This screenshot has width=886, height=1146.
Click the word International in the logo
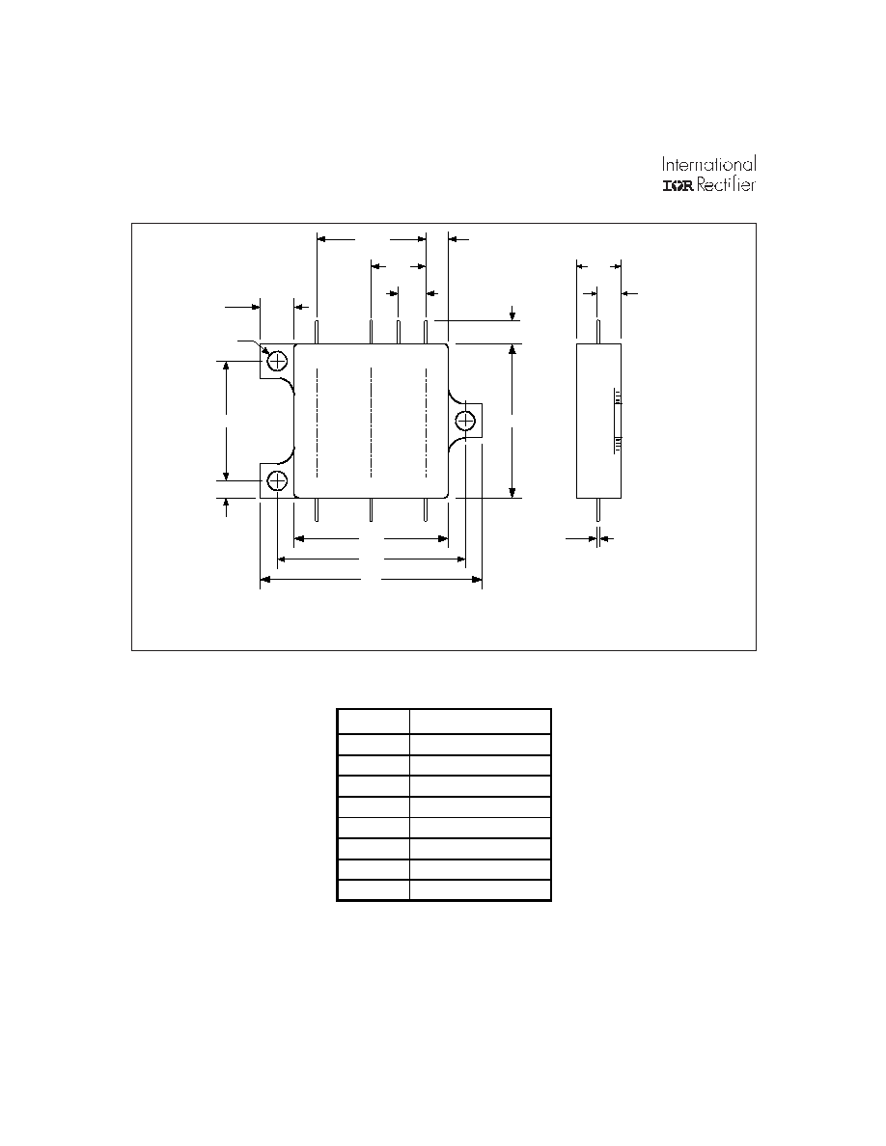(x=708, y=164)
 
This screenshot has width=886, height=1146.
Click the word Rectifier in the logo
(x=726, y=184)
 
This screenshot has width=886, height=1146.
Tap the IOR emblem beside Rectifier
(x=678, y=185)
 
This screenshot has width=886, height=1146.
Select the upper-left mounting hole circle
(x=278, y=361)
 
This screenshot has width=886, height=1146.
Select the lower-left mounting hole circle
(x=278, y=480)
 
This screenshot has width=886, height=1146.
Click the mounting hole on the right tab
(x=465, y=421)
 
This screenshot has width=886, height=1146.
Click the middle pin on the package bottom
(x=372, y=509)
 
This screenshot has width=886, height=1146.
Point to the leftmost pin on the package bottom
(x=317, y=509)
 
